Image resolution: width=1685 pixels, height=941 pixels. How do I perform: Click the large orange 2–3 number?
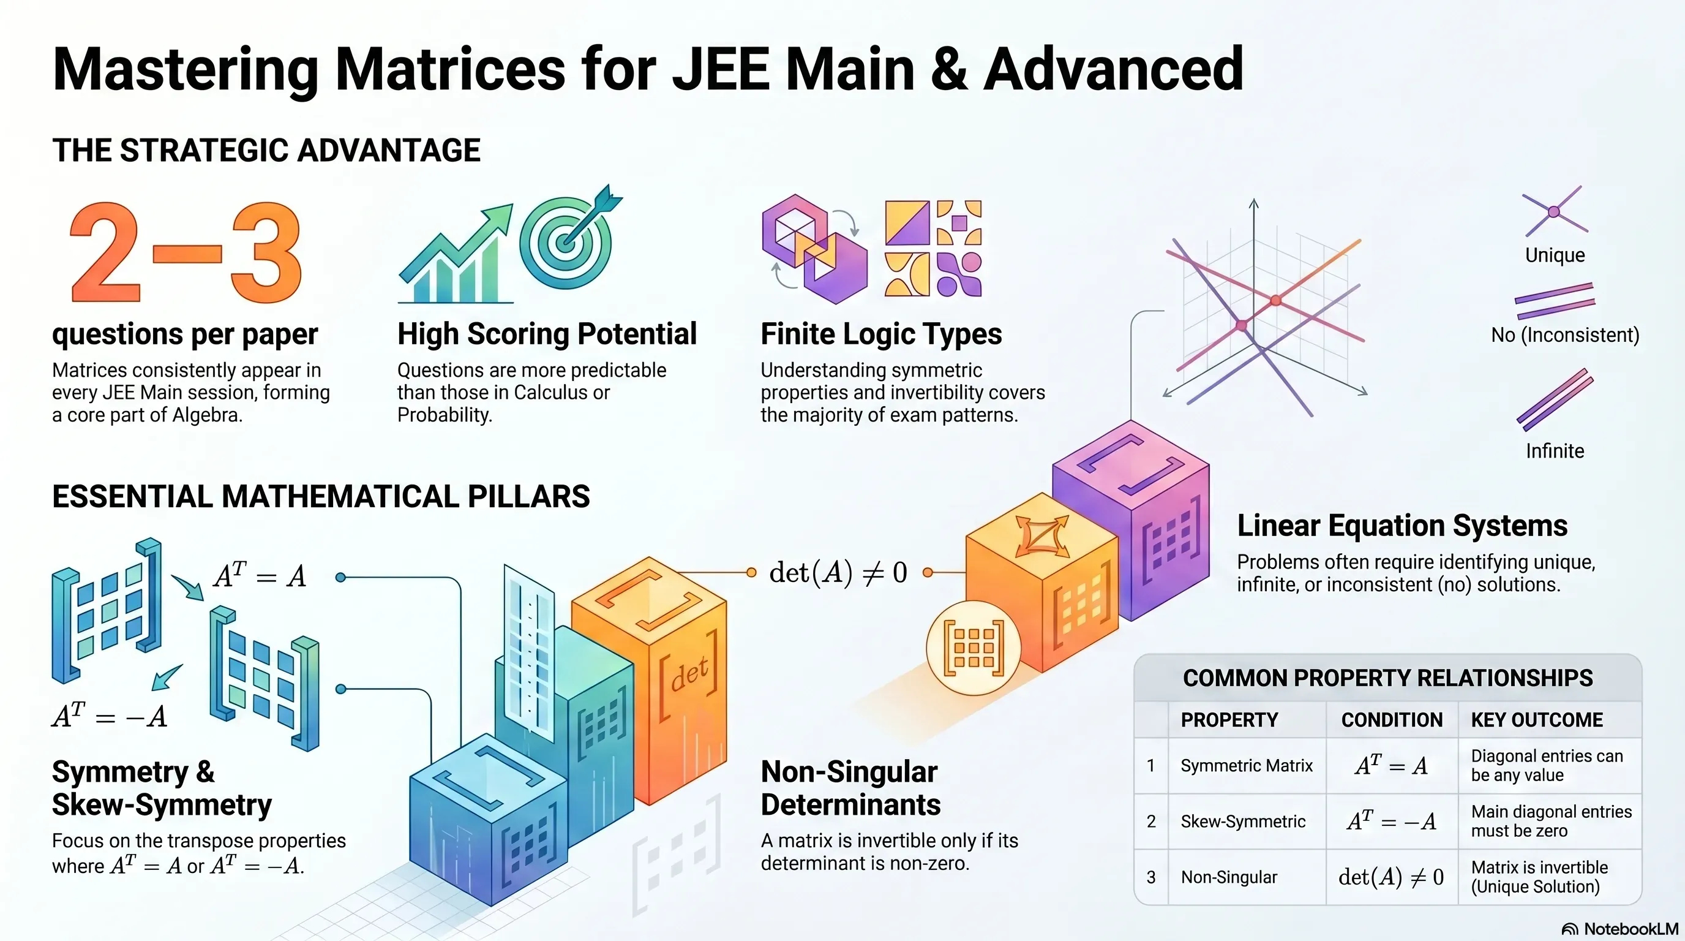[x=186, y=252]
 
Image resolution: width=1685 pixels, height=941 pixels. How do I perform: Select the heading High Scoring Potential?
[x=547, y=334]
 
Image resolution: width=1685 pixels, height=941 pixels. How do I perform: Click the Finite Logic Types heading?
[x=881, y=334]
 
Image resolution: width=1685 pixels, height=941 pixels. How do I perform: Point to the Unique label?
[x=1555, y=255]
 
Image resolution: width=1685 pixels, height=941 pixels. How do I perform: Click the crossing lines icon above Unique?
[x=1555, y=211]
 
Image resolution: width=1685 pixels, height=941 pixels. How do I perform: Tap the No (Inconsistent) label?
[x=1564, y=335]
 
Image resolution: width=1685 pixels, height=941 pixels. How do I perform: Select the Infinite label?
[x=1555, y=451]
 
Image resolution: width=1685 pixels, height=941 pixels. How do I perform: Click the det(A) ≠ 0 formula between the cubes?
[x=838, y=573]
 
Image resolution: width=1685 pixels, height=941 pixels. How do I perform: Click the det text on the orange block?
[x=689, y=675]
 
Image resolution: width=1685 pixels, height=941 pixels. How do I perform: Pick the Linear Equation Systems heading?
[x=1402, y=526]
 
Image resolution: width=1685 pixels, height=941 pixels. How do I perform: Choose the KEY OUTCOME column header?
[x=1536, y=720]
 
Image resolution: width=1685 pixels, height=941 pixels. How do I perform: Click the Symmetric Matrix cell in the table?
[x=1246, y=766]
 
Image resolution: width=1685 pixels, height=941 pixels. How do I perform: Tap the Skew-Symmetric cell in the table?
[x=1243, y=822]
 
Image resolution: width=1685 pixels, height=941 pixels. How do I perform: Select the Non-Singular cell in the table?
[x=1228, y=877]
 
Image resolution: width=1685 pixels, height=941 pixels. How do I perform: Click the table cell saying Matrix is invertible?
[x=1539, y=877]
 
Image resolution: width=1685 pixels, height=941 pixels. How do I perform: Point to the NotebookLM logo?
[x=1619, y=929]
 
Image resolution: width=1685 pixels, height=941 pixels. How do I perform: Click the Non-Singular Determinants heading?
[x=850, y=788]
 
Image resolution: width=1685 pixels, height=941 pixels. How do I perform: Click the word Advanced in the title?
[x=1113, y=69]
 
